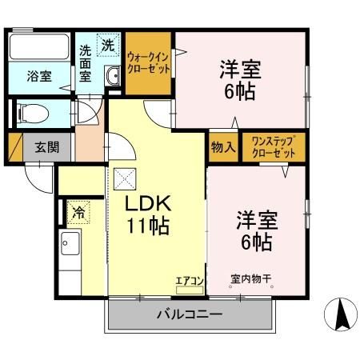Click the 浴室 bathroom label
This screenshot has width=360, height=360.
39,77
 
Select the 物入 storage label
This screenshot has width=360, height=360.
223,147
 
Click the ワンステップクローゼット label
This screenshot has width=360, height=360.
273,147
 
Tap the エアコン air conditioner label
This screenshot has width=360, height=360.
190,279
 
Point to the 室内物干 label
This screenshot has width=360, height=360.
251,279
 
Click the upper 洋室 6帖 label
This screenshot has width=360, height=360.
238,80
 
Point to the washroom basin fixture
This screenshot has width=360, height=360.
112,77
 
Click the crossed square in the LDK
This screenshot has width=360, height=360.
123,179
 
